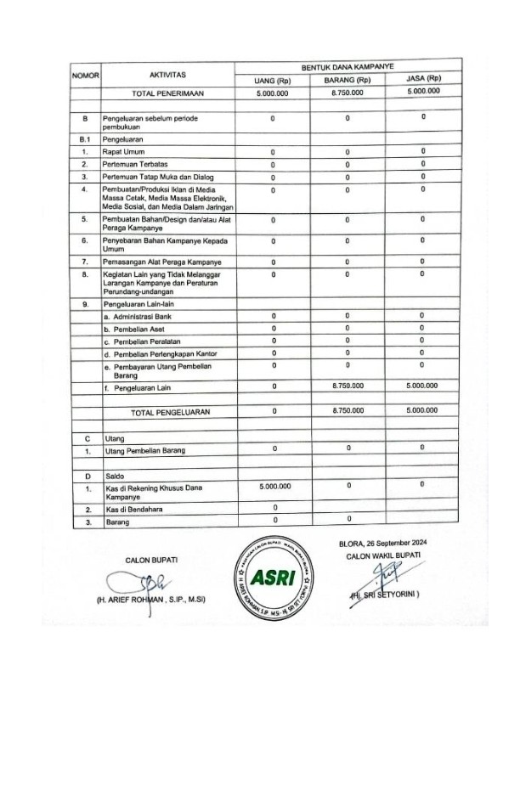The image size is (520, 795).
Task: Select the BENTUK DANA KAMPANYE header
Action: [x=348, y=65]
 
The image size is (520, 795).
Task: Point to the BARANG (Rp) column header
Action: [x=348, y=79]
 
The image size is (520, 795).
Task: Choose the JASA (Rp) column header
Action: [x=422, y=78]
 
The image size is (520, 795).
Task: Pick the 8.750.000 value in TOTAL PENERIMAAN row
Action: [x=348, y=92]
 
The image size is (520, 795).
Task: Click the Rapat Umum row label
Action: [x=123, y=151]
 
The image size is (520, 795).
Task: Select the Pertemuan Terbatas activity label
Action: [x=133, y=164]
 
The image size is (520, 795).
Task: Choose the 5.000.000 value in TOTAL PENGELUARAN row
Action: [x=422, y=409]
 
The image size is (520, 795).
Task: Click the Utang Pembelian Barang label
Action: [x=144, y=450]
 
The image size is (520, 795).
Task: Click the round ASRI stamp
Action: [x=274, y=575]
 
